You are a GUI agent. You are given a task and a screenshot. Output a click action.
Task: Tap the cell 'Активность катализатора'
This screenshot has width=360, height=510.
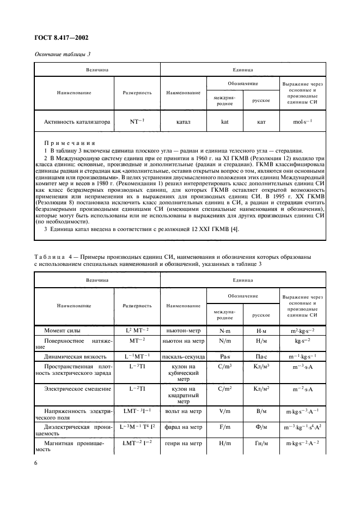pos(76,122)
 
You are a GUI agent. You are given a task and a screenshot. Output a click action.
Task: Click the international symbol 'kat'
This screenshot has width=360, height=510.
pos(224,122)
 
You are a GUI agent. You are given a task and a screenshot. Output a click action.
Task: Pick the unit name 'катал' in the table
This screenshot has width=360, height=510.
pos(182,122)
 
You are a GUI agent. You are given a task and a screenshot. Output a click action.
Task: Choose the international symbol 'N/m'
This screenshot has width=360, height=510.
pos(224,341)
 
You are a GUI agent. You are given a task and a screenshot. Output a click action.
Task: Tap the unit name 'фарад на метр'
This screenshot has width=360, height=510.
pos(182,428)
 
